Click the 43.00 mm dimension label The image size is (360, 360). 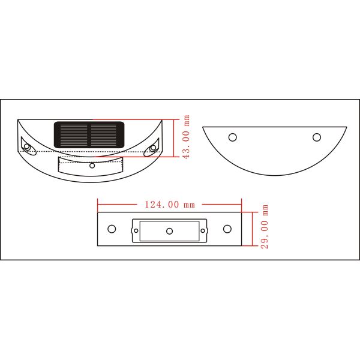point(187,137)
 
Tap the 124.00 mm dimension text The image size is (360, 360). point(170,205)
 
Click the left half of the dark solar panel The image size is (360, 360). point(72,135)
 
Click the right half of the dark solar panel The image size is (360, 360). point(107,135)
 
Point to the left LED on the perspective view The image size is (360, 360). point(27,146)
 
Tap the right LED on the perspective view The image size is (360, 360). point(153,147)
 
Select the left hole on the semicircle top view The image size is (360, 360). point(233,137)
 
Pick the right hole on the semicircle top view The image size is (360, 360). point(316,137)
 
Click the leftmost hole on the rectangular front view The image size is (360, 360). point(112,229)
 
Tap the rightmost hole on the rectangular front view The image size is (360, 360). point(227,229)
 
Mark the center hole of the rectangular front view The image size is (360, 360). point(169,231)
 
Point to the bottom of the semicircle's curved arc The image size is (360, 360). point(275,175)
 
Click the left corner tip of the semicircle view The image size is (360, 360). point(203,127)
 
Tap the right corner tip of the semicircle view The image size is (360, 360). point(346,127)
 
